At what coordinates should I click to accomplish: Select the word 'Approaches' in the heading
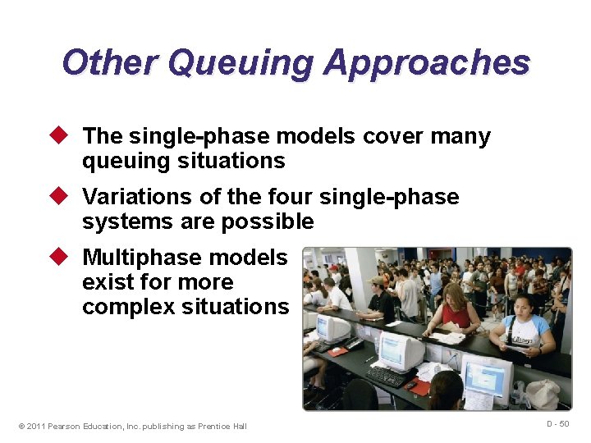(427, 62)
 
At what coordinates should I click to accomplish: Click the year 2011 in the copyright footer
(38, 426)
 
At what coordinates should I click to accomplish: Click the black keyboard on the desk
(386, 377)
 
